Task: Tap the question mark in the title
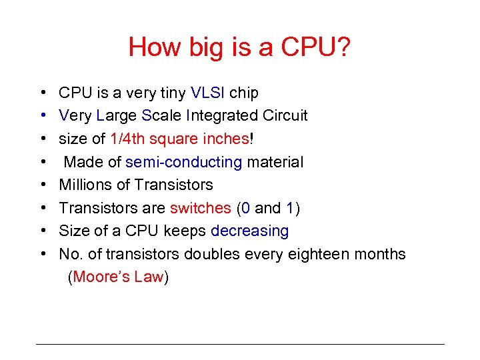343,47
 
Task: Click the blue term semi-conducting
183,162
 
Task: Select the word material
275,162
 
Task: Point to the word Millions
86,185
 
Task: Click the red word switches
200,208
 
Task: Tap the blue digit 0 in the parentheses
245,208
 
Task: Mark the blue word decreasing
249,231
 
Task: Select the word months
379,254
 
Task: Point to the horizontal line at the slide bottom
240,344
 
